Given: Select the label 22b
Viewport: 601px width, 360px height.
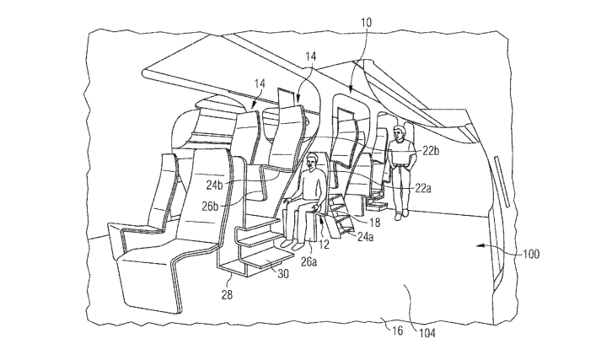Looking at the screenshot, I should pos(432,151).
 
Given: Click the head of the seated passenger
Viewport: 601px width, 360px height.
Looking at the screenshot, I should pos(318,160).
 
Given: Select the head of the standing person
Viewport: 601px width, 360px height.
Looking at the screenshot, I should pos(400,132).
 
